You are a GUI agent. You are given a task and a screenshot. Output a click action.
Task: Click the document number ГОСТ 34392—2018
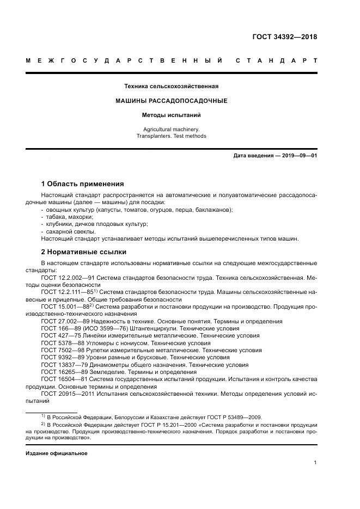284,37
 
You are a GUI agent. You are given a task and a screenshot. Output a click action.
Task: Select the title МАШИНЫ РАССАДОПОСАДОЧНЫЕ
171,101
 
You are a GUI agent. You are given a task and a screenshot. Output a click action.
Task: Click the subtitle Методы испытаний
171,115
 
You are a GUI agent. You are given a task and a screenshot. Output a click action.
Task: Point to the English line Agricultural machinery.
171,129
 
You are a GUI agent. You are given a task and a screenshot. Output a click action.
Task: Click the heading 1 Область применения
82,183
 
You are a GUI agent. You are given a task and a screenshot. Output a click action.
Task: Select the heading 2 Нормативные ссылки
83,252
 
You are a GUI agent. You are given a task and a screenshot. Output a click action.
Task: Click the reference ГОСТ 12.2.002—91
68,278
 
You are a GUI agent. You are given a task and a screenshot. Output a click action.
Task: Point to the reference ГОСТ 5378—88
63,343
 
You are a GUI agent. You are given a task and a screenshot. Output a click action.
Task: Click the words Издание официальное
56,453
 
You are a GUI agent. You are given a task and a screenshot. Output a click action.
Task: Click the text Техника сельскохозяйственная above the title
171,86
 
